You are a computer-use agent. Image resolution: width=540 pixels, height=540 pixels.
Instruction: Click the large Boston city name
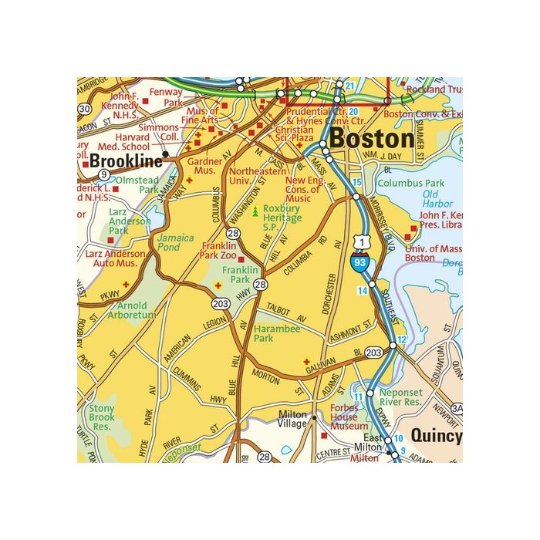pos(371,139)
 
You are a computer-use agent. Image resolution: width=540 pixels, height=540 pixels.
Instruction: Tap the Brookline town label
pos(126,161)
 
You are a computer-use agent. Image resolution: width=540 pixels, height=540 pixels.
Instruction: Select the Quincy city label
pos(436,436)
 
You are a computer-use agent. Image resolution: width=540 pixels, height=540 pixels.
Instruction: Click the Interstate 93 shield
pos(359,263)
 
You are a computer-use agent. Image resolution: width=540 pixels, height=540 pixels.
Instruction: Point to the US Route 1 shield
pos(356,243)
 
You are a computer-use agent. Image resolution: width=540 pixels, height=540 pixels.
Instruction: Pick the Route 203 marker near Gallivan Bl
pos(374,353)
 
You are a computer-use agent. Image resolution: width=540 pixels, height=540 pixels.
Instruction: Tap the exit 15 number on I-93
pos(356,182)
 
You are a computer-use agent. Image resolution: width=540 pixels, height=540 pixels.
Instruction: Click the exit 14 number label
pos(362,290)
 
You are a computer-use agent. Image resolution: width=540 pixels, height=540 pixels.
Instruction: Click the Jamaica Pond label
pos(174,244)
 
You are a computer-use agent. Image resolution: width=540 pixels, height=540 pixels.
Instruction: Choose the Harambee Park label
pos(275,332)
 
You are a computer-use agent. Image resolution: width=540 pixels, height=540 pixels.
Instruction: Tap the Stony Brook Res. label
pos(101,417)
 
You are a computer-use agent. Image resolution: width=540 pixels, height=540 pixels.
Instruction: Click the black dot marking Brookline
pos(165,154)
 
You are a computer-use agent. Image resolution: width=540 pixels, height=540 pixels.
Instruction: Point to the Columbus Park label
pos(411,183)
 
